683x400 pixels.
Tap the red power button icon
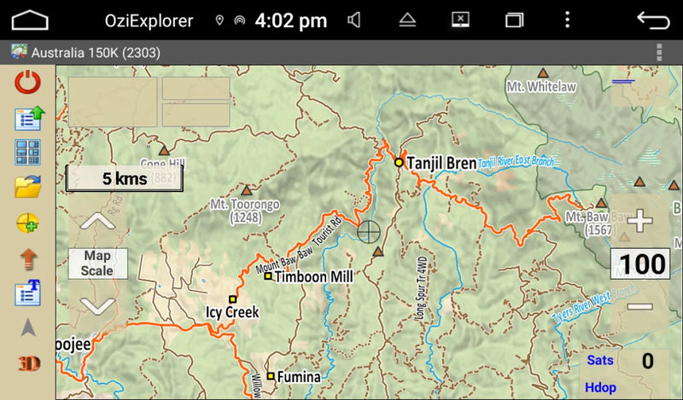coord(28,83)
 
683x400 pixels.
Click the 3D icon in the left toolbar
coord(28,362)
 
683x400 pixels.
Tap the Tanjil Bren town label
coord(441,162)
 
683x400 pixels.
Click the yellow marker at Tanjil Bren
coord(398,161)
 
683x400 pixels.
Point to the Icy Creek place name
coord(232,312)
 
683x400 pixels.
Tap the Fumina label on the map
coord(299,377)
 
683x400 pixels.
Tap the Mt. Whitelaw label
coord(541,87)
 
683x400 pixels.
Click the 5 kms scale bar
coord(125,178)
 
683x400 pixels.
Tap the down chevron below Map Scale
coord(97,304)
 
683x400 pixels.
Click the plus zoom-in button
coord(639,221)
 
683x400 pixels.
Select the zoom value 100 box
coord(643,264)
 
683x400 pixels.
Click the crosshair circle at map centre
coord(369,230)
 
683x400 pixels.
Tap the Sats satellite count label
coord(600,361)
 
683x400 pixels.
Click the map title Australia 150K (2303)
coord(96,53)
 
